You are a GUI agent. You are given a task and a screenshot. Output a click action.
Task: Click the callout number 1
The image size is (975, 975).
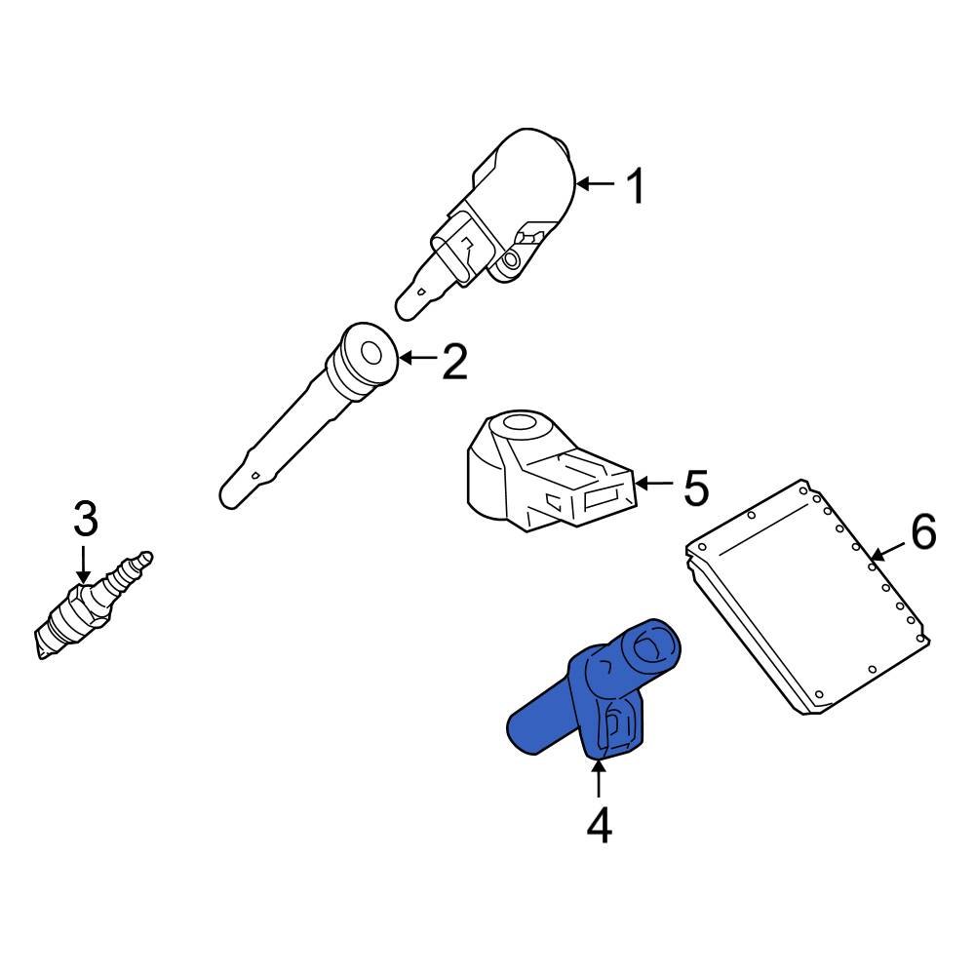(635, 186)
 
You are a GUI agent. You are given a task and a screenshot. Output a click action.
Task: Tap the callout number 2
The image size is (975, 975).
(454, 362)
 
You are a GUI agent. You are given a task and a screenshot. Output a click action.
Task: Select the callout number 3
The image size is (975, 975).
(86, 520)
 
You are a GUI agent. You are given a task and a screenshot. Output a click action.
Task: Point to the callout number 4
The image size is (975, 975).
(599, 826)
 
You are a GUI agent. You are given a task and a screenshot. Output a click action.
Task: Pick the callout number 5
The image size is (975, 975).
(695, 487)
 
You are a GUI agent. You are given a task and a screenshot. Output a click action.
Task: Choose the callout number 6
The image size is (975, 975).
(923, 532)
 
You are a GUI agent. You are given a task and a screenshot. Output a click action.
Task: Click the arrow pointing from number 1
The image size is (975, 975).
(595, 183)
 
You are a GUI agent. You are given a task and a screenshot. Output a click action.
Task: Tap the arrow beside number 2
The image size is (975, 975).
(419, 359)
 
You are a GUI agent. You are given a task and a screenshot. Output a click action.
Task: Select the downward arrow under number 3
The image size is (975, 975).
(85, 564)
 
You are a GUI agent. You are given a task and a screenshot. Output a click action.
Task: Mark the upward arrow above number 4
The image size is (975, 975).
(599, 780)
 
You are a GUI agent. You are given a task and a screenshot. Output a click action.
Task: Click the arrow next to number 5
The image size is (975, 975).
(653, 484)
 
